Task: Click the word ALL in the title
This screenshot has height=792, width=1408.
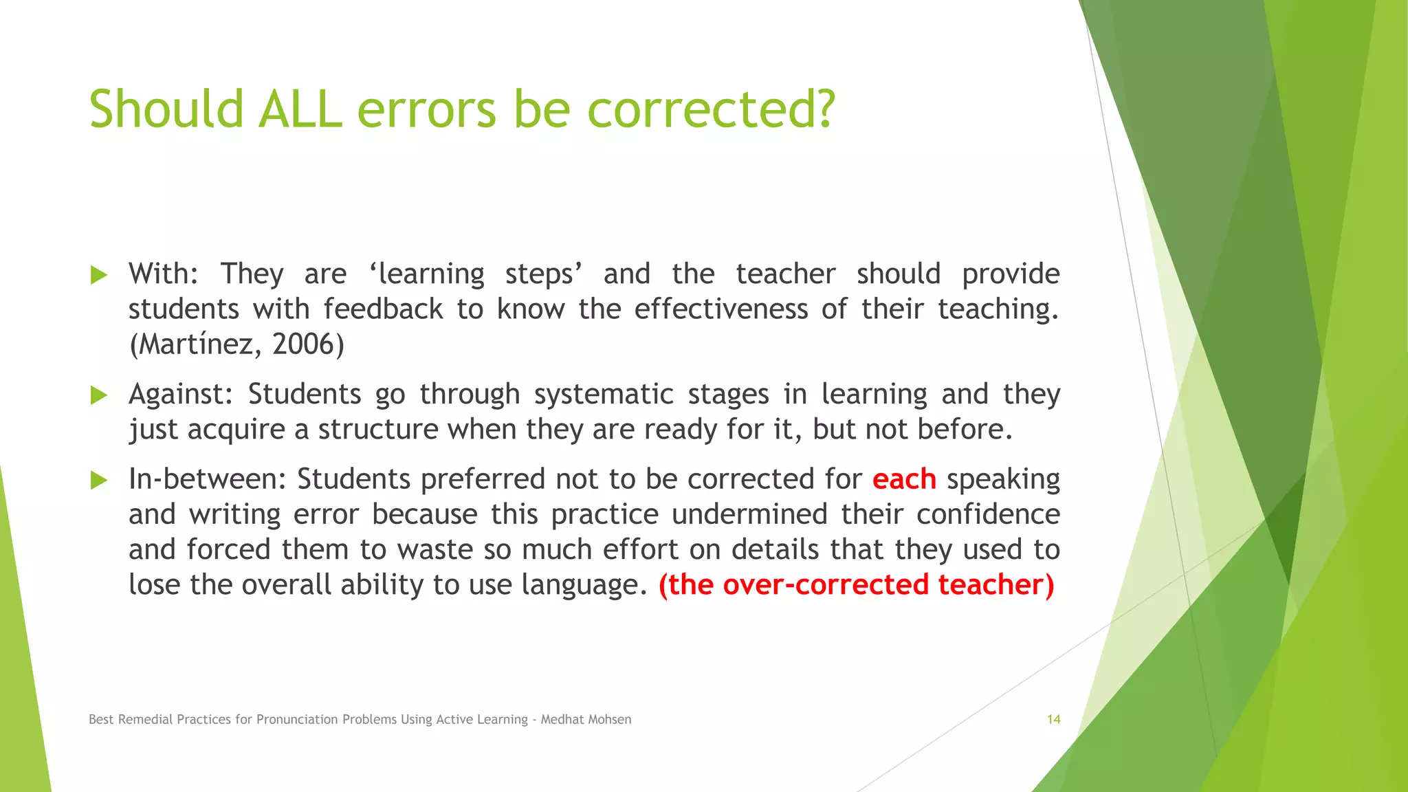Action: pos(300,109)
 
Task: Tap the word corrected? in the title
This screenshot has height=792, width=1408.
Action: pos(711,109)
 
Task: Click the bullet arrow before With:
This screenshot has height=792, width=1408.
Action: pos(99,276)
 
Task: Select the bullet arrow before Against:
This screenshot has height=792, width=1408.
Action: pos(99,395)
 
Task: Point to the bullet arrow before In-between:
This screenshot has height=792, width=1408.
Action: pos(99,481)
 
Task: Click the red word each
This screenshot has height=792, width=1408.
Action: pos(904,479)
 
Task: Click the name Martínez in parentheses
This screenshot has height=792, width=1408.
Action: pos(195,344)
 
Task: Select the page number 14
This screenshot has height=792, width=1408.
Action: pos(1053,720)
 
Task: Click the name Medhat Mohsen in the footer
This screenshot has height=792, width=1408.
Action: pos(586,720)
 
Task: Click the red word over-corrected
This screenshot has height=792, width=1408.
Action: pos(826,585)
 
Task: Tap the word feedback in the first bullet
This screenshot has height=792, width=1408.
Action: pos(383,309)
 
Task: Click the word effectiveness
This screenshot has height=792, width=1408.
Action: pos(720,309)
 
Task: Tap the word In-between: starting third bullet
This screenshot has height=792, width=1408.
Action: pos(207,479)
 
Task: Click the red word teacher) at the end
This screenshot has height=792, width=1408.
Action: pos(995,585)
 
